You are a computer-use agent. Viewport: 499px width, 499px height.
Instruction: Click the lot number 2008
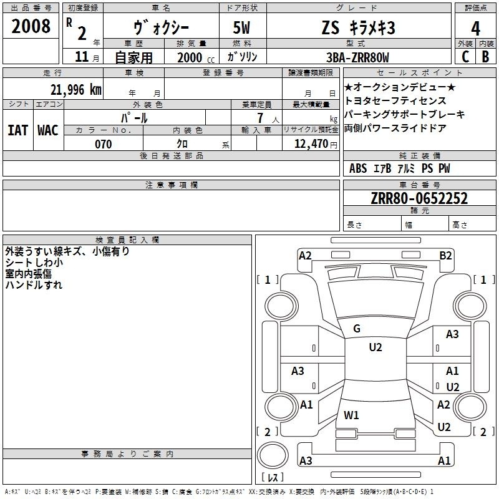(x=31, y=26)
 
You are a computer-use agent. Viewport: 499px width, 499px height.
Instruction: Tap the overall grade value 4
(x=475, y=29)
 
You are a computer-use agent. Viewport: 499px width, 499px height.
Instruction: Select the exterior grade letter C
(x=465, y=57)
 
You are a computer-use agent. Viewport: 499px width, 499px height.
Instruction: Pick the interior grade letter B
(x=485, y=57)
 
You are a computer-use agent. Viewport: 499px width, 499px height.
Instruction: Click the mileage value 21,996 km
(x=76, y=90)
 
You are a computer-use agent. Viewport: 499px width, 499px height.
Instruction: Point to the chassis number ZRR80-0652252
(x=419, y=198)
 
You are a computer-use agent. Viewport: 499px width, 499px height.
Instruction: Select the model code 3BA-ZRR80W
(x=357, y=57)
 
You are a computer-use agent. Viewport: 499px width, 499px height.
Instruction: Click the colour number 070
(x=104, y=144)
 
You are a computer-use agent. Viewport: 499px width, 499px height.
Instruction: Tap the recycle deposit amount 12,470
(x=311, y=144)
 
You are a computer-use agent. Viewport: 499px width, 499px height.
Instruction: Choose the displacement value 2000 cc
(x=196, y=57)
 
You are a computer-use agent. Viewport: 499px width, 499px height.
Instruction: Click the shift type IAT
(x=17, y=130)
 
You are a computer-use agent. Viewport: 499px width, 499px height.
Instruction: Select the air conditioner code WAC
(x=48, y=130)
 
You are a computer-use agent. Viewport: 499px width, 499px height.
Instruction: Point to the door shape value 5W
(x=241, y=27)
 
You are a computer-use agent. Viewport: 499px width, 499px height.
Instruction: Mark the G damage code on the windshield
(x=357, y=329)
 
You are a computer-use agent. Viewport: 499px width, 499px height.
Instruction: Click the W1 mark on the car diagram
(x=351, y=415)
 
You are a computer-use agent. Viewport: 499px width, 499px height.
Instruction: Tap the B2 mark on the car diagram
(x=445, y=256)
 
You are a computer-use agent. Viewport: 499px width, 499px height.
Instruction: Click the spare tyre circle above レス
(x=273, y=455)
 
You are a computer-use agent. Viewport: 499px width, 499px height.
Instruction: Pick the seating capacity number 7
(x=260, y=118)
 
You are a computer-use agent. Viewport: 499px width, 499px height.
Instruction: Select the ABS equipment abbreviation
(x=358, y=168)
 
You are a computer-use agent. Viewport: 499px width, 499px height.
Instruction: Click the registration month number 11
(x=82, y=57)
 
